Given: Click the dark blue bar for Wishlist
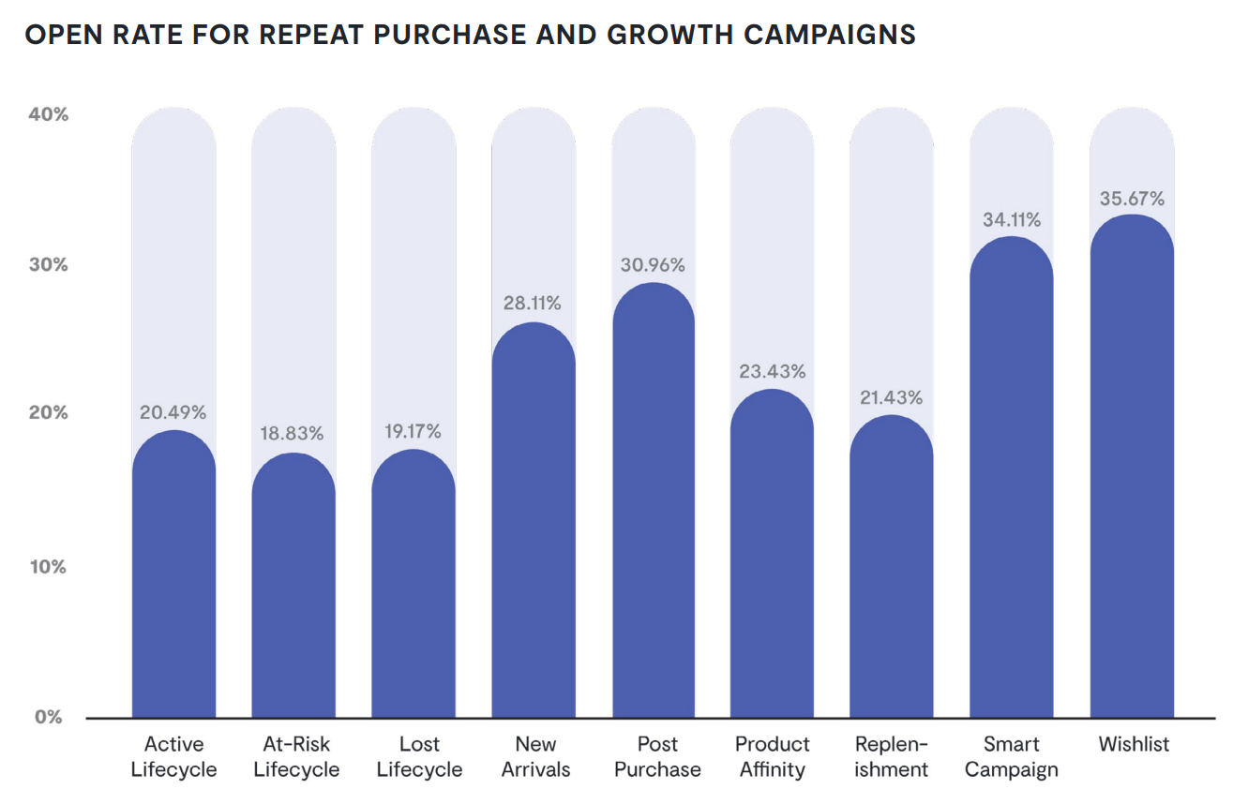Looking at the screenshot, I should pyautogui.click(x=1132, y=469).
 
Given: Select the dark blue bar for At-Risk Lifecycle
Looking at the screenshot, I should pyautogui.click(x=293, y=586).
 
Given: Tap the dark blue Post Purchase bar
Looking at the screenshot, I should pyautogui.click(x=654, y=501).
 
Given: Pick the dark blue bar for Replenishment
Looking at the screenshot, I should pyautogui.click(x=892, y=567).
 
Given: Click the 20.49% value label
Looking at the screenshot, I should pyautogui.click(x=173, y=412).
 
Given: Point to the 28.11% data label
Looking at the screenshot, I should pyautogui.click(x=533, y=304).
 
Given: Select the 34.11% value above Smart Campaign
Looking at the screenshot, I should pyautogui.click(x=1011, y=220).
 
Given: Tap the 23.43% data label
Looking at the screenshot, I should pyautogui.click(x=772, y=371).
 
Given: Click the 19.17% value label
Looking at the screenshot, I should pyautogui.click(x=413, y=432).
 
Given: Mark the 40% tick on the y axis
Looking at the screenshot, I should pyautogui.click(x=47, y=115).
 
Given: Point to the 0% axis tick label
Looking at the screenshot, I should pyautogui.click(x=49, y=717).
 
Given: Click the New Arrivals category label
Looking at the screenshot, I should pyautogui.click(x=534, y=757).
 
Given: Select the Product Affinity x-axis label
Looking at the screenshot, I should pyautogui.click(x=772, y=757).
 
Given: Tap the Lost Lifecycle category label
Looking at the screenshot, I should pyautogui.click(x=418, y=757).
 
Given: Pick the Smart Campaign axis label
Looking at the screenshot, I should pyautogui.click(x=1011, y=757).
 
